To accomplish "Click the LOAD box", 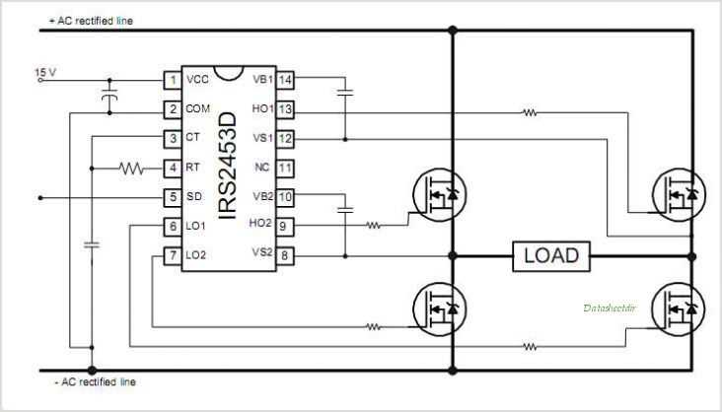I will coord(550,257).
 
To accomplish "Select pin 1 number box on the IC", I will coord(173,80).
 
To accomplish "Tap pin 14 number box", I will coord(285,80).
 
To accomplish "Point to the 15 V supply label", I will coord(46,72).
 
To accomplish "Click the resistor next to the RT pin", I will coord(132,168).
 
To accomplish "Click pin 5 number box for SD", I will coord(173,197).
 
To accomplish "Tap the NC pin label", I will coord(261,168).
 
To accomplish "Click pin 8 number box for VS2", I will coord(285,256).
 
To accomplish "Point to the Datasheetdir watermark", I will coord(609,308).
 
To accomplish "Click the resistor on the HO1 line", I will coord(531,113).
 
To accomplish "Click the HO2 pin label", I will coord(259,224).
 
